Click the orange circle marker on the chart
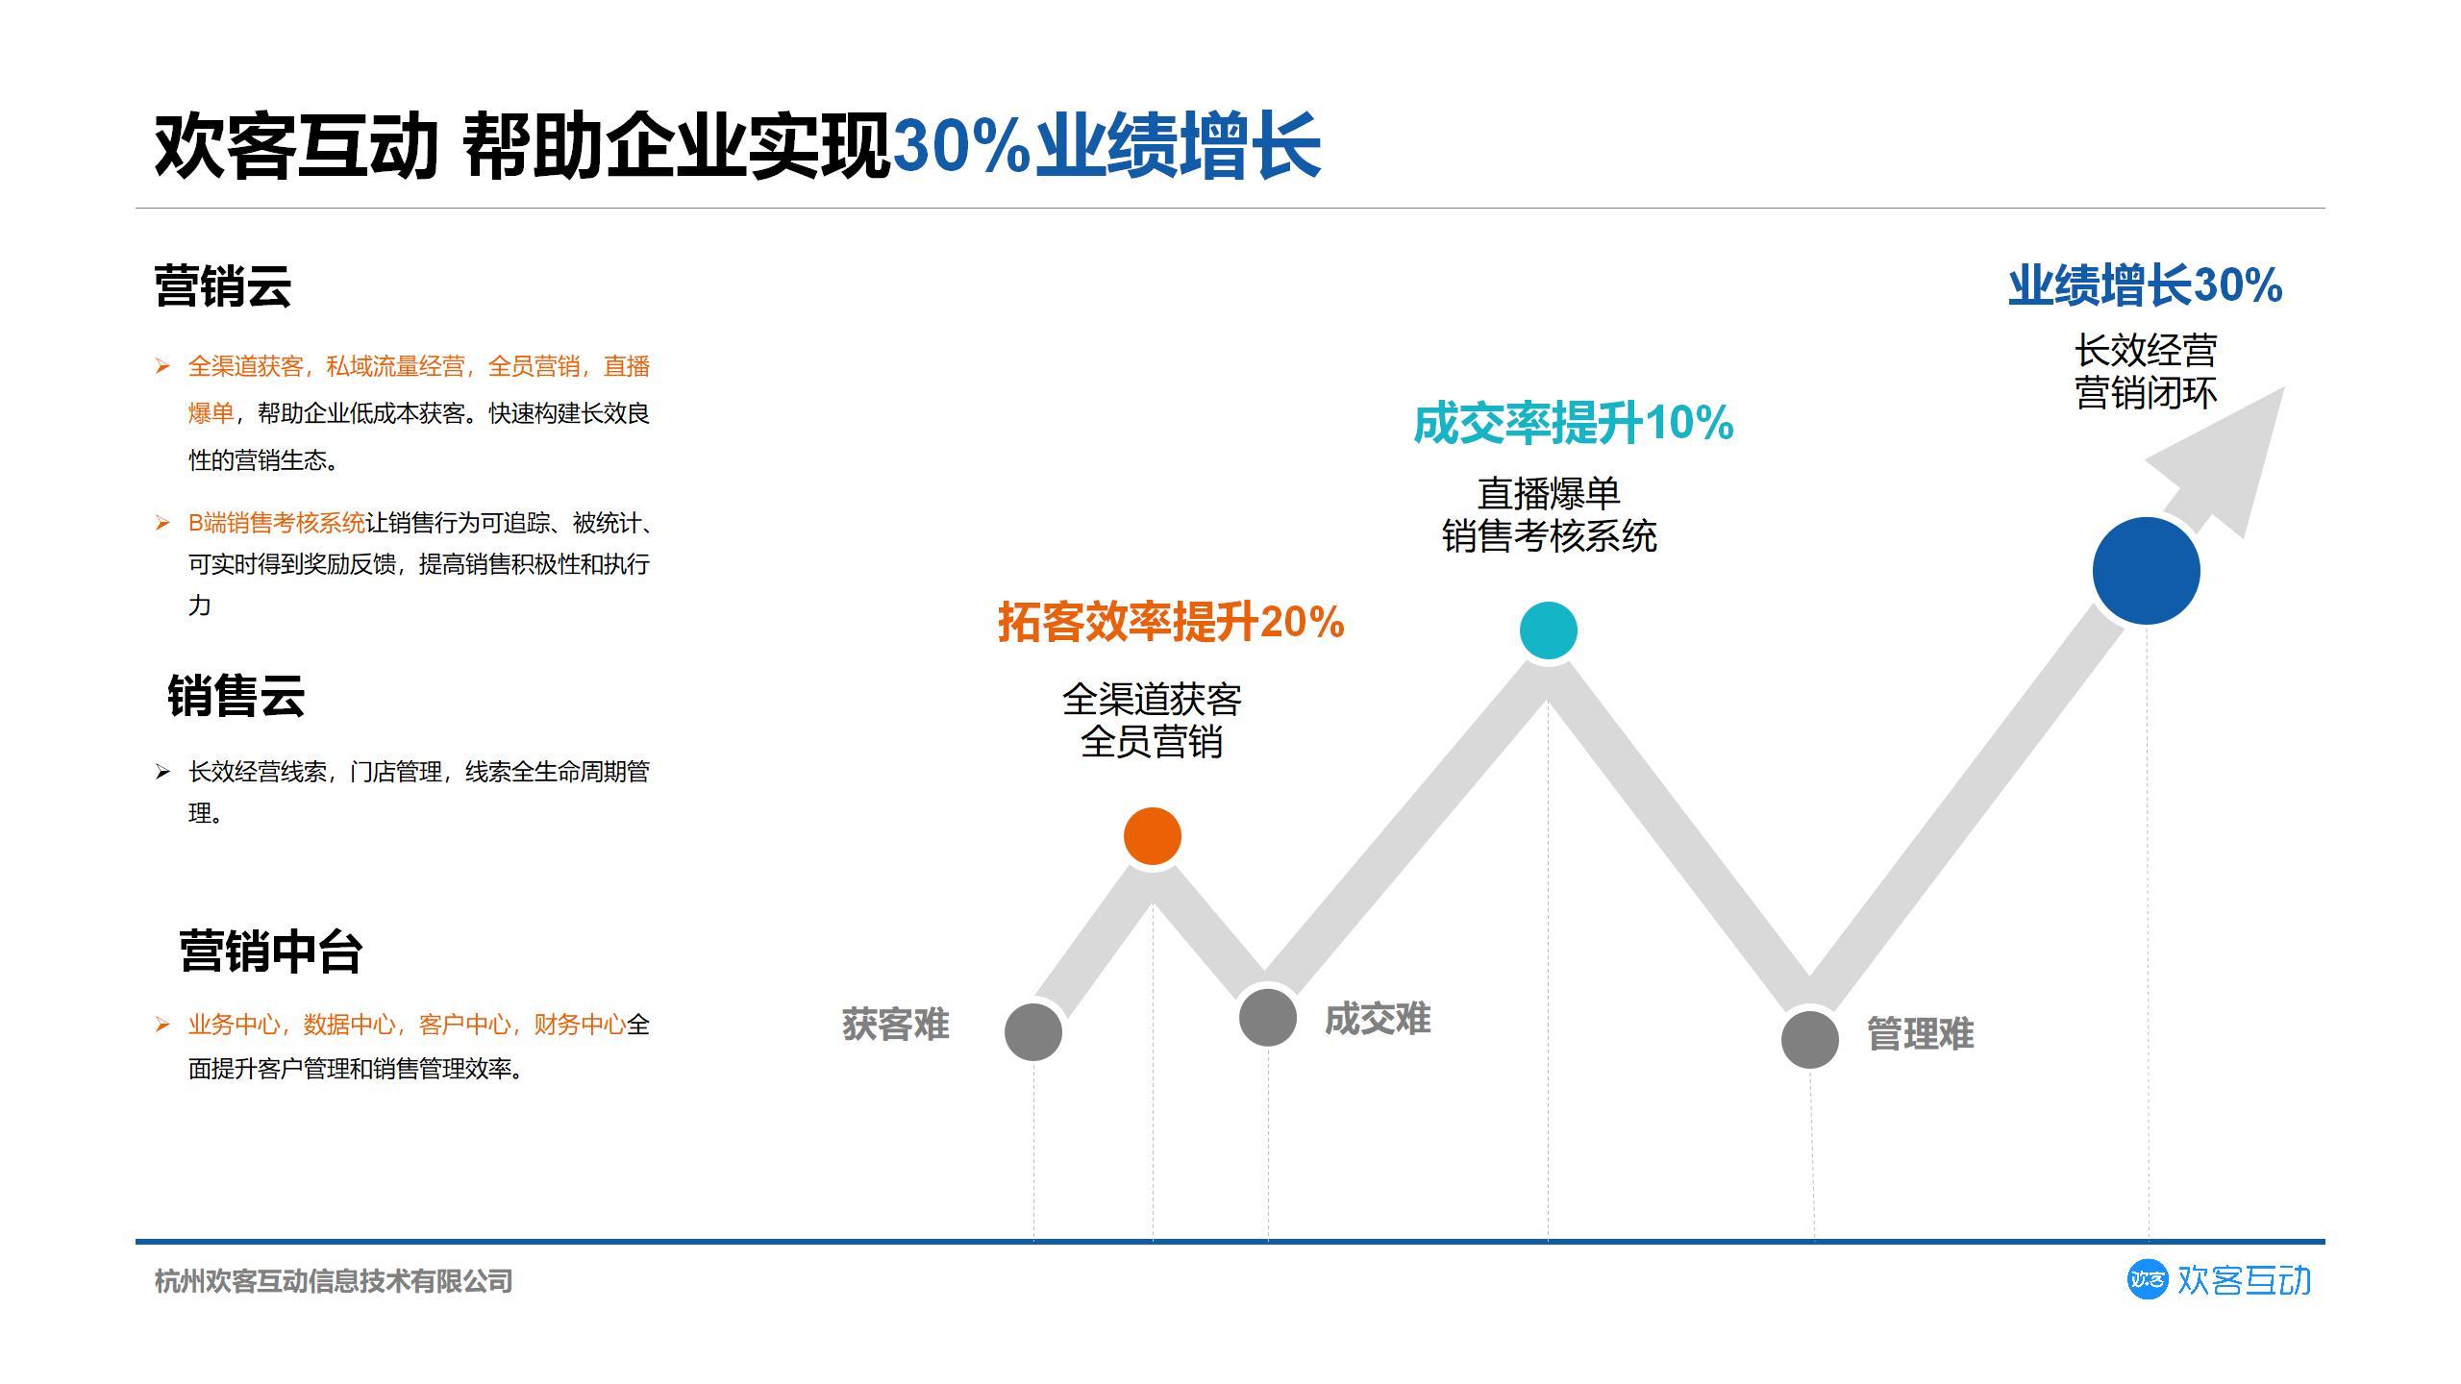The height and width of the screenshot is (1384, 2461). point(1152,836)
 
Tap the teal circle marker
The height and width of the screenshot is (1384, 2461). point(1548,630)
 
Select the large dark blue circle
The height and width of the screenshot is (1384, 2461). point(2146,571)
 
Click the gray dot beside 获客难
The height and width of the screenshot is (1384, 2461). point(1032,1032)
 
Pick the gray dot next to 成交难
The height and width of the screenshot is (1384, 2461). point(1267,1017)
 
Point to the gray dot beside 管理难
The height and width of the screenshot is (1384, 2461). point(1809,1039)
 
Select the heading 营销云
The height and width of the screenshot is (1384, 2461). point(222,286)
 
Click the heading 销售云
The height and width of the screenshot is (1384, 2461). point(236,695)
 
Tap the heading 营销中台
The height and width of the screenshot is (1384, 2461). point(270,951)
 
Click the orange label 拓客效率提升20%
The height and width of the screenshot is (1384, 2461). point(1170,622)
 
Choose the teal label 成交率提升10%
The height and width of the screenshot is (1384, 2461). point(1573,423)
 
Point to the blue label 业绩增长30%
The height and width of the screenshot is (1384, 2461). point(2145,285)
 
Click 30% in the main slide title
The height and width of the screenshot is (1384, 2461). point(961,146)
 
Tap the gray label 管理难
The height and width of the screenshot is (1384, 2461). point(1920,1034)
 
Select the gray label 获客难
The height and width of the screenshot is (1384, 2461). point(895,1025)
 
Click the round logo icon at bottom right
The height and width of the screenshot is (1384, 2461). point(2147,1280)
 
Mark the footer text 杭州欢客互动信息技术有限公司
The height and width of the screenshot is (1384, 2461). point(334,1281)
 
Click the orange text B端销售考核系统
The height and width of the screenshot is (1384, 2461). point(277,523)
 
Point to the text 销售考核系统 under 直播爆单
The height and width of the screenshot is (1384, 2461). point(1549,536)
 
